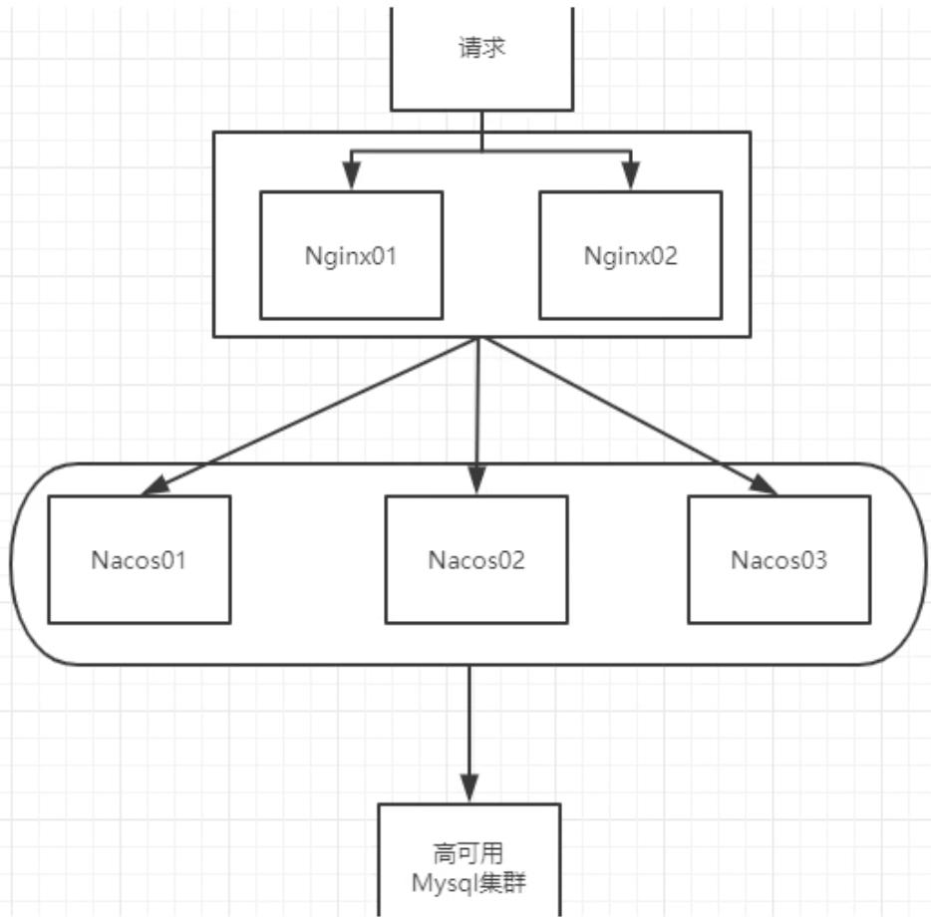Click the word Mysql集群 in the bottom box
(469, 882)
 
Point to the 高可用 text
(469, 853)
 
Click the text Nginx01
(351, 255)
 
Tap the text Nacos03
(778, 559)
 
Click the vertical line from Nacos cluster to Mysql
(469, 718)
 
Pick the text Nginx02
(630, 255)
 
